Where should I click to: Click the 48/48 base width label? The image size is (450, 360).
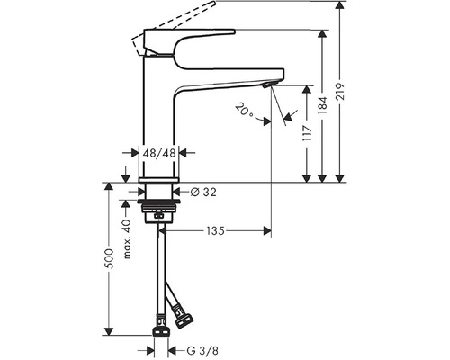[x=159, y=155]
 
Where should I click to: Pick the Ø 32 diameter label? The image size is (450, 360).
[x=202, y=192]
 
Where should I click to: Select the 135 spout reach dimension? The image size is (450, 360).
[x=214, y=231]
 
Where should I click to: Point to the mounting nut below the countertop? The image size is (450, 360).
[x=159, y=216]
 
